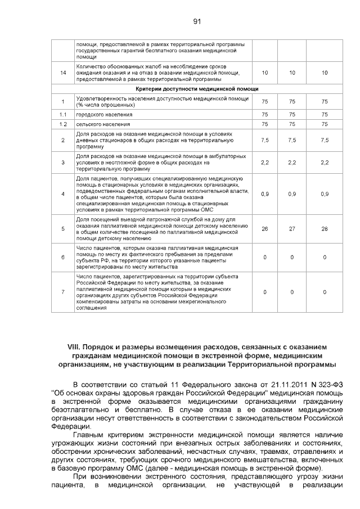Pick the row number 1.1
coord(63,114)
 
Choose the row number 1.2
coord(63,124)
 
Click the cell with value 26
coord(264,228)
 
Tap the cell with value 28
coord(325,228)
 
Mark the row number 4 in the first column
coord(63,193)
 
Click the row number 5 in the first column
coord(63,228)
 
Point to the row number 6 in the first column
coord(63,257)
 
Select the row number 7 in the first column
coord(63,292)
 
